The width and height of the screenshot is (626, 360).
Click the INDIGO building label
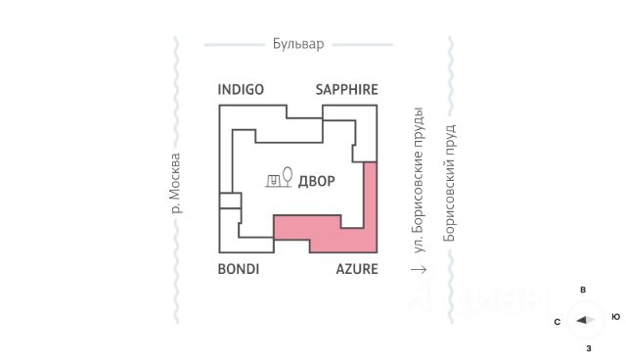(x=241, y=89)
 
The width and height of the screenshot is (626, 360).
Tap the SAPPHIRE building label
(x=346, y=89)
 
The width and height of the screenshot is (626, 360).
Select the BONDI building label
(x=239, y=269)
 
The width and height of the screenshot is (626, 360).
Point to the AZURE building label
(x=357, y=269)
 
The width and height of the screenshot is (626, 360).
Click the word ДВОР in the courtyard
(x=317, y=181)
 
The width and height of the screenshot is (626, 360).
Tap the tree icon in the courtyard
(x=287, y=176)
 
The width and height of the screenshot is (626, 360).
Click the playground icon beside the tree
(x=273, y=181)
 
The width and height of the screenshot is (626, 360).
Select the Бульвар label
(x=298, y=43)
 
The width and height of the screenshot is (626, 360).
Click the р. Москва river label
(x=175, y=183)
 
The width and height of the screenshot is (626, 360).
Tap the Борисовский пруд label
(x=449, y=183)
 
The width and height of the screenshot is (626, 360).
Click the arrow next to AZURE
(x=419, y=270)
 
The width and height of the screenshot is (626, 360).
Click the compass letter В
(x=583, y=290)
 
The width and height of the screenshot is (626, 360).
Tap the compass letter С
(x=558, y=322)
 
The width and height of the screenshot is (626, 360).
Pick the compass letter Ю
(x=615, y=317)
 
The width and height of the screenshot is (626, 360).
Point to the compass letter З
(x=589, y=348)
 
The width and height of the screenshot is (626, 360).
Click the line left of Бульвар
(x=235, y=45)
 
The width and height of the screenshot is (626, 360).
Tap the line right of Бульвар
(x=363, y=45)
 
